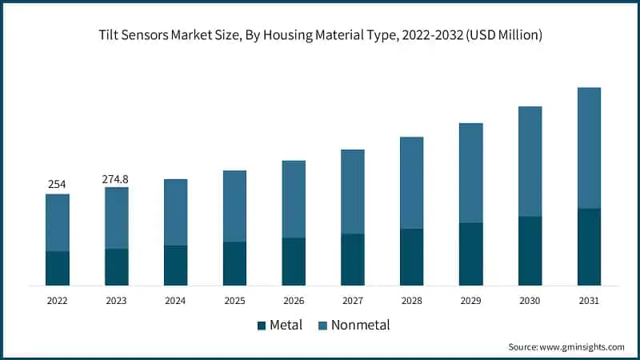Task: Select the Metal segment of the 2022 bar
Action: (x=57, y=268)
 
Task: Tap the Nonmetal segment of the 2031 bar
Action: (x=589, y=148)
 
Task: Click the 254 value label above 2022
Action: (x=57, y=184)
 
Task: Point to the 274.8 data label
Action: (x=116, y=178)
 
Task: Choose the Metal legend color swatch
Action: (x=261, y=326)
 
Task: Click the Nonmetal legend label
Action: (x=360, y=326)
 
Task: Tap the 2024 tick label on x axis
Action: (x=175, y=301)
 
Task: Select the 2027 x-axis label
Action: (x=353, y=301)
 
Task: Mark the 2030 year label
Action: (x=530, y=301)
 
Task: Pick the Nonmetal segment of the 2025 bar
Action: (x=234, y=206)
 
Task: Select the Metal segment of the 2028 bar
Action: (x=411, y=257)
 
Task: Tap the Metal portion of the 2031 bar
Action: (x=589, y=246)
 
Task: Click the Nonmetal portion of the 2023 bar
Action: (x=116, y=218)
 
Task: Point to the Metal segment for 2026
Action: (x=294, y=261)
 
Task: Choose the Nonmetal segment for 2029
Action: (x=470, y=173)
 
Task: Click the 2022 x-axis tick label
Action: (x=57, y=301)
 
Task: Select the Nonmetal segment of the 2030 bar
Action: (x=530, y=161)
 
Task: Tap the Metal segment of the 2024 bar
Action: (x=175, y=265)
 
